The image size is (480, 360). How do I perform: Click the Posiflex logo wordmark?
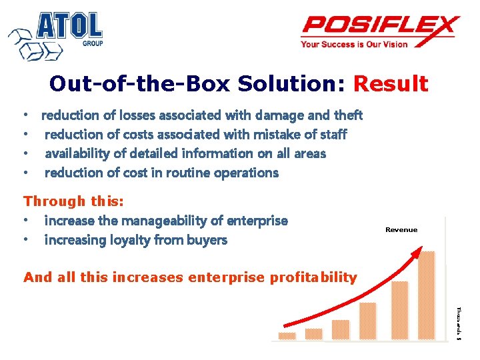[x=380, y=27]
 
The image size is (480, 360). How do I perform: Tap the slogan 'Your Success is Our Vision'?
[x=354, y=45]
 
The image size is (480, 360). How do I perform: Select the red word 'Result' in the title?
[x=390, y=84]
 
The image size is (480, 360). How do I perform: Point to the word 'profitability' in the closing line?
[x=313, y=277]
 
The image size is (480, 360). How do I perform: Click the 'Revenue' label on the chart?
[x=401, y=230]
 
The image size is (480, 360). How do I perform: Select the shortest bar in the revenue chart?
[x=287, y=336]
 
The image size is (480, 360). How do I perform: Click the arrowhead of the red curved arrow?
[x=417, y=252]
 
